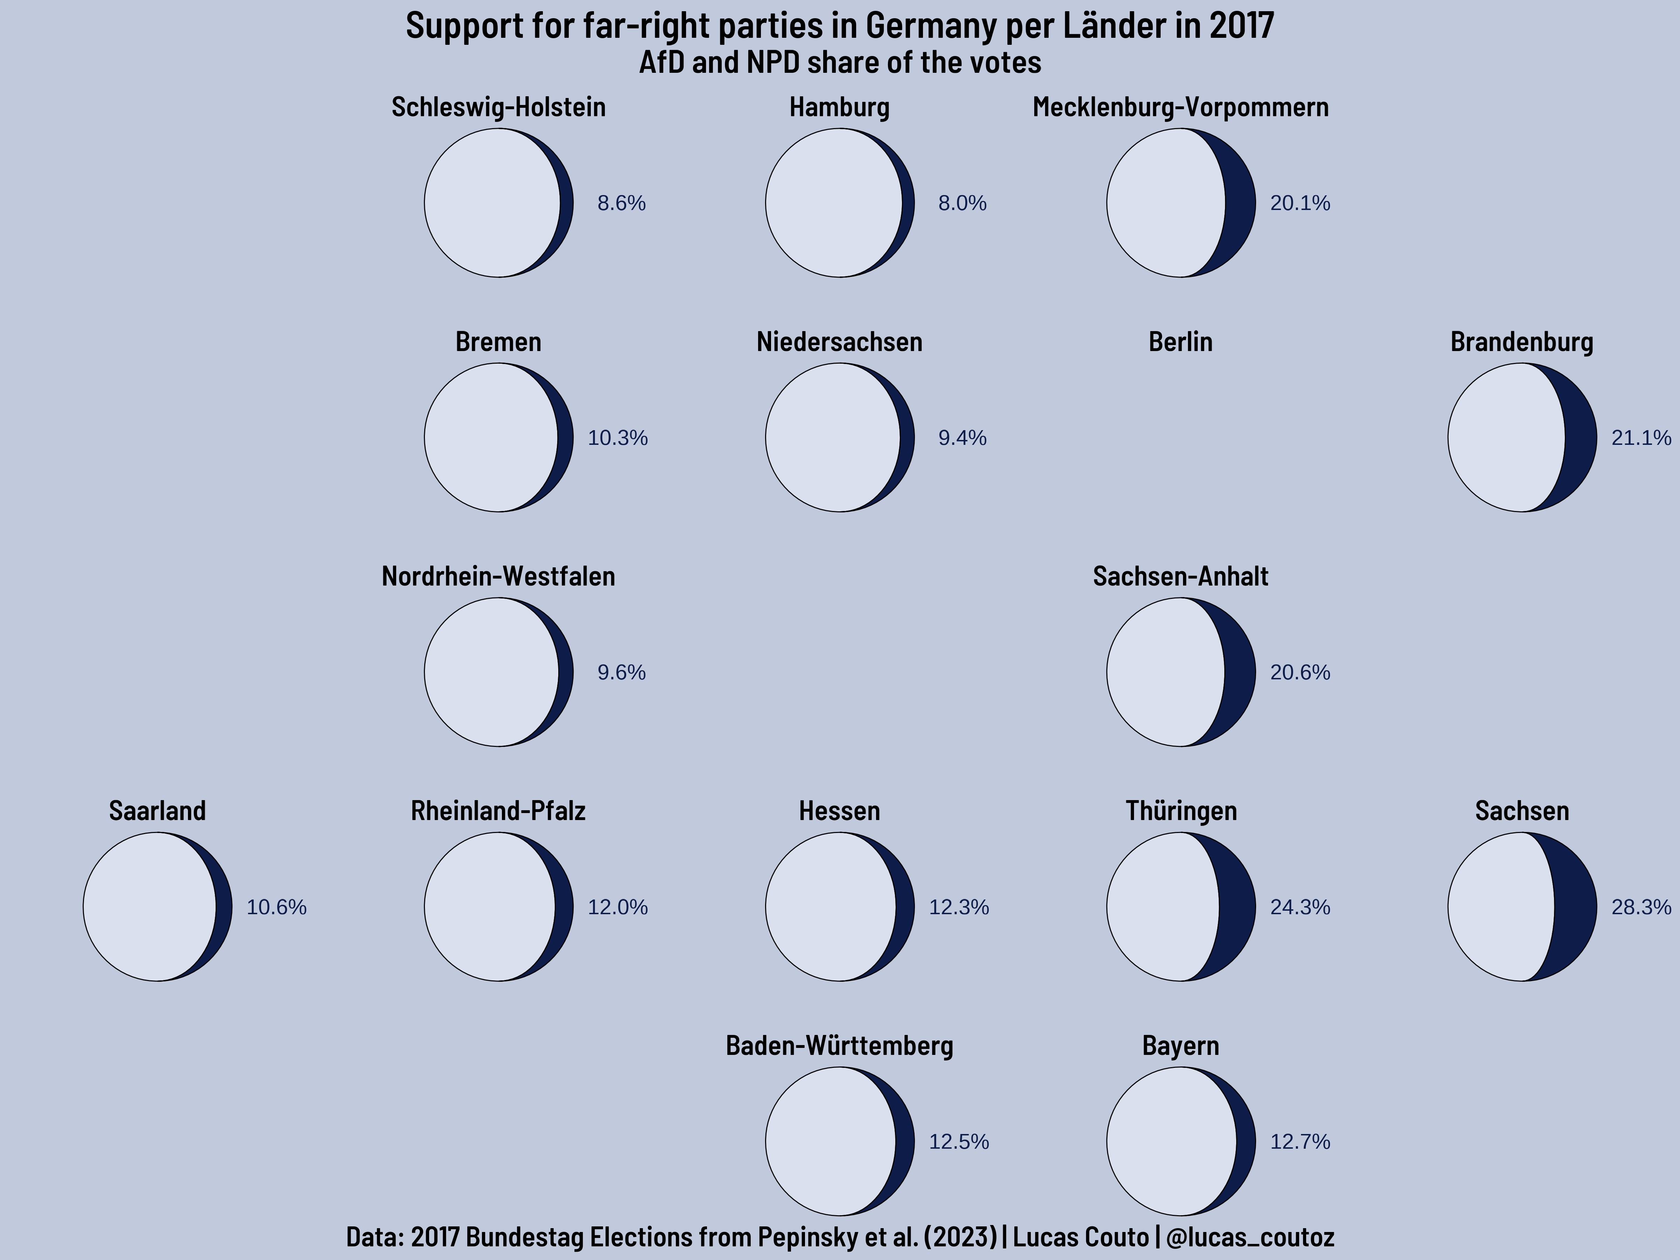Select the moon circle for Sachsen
pyautogui.click(x=1522, y=907)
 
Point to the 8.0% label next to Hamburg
pyautogui.click(x=962, y=204)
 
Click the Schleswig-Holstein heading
pyautogui.click(x=498, y=107)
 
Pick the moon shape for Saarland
pyautogui.click(x=157, y=907)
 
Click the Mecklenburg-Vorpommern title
pyautogui.click(x=1180, y=107)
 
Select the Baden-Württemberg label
pyautogui.click(x=839, y=1046)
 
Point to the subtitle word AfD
pyautogui.click(x=661, y=62)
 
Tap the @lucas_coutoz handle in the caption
pyautogui.click(x=1249, y=1237)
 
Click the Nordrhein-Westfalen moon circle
pyautogui.click(x=498, y=672)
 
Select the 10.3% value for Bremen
pyautogui.click(x=617, y=438)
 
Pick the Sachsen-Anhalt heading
pyautogui.click(x=1180, y=576)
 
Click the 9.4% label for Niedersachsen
pyautogui.click(x=962, y=438)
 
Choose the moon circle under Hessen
pyautogui.click(x=839, y=907)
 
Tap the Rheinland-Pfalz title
pyautogui.click(x=498, y=811)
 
